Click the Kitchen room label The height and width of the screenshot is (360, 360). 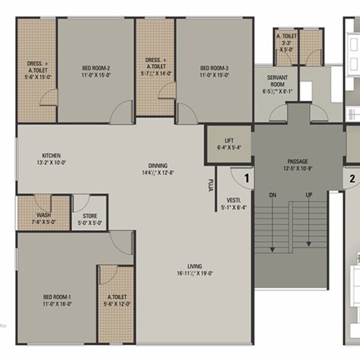51,156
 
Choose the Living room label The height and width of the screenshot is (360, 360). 195,266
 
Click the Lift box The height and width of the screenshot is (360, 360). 229,144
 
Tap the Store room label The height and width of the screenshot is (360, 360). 90,216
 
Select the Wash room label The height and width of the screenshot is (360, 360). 44,216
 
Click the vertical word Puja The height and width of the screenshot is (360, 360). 211,186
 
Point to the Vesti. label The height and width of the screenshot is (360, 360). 233,200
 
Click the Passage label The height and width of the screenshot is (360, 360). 298,161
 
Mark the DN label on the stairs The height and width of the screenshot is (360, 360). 273,195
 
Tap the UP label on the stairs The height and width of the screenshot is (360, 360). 308,195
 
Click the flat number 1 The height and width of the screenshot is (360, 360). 246,178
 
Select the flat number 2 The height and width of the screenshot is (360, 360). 352,178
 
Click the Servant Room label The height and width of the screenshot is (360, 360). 277,81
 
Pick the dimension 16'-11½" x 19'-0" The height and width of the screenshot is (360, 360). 195,273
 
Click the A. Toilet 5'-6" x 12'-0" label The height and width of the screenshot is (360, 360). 117,300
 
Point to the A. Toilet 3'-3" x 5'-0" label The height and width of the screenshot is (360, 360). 287,42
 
